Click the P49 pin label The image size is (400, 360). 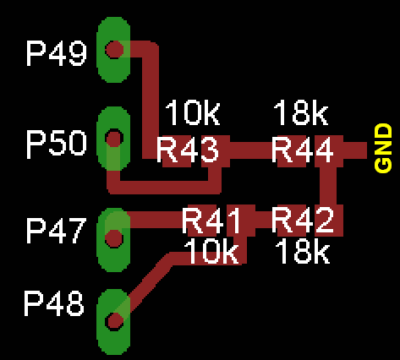pos(57,53)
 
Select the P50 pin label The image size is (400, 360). pos(57,143)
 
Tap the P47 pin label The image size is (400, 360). pos(56,231)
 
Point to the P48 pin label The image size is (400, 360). pos(54,303)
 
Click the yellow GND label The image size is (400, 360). pos(383,148)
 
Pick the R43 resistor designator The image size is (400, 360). pos(188,150)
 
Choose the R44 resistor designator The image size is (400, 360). pos(303,150)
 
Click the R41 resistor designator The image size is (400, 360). pos(211,221)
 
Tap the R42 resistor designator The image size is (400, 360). pos(303,221)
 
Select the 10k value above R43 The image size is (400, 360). pos(193,112)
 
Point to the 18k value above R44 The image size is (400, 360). pos(301,112)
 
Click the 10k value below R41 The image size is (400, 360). pos(211,251)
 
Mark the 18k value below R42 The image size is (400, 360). pos(303,251)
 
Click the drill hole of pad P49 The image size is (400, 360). pos(114,50)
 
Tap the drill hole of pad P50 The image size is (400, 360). pos(114,139)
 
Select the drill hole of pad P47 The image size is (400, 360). pos(114,238)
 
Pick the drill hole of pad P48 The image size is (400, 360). pos(114,321)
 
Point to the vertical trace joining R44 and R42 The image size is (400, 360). pos(328,186)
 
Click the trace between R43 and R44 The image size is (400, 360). pos(251,150)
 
